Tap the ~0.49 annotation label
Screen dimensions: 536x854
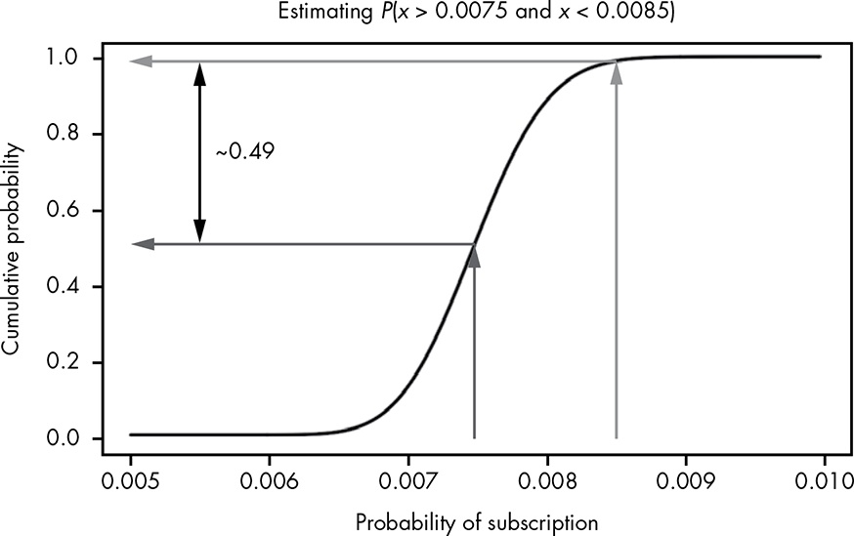244,152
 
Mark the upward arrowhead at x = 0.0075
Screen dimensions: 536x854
474,256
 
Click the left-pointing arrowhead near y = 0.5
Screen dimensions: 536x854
143,244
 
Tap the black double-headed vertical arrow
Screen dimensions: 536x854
199,152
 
